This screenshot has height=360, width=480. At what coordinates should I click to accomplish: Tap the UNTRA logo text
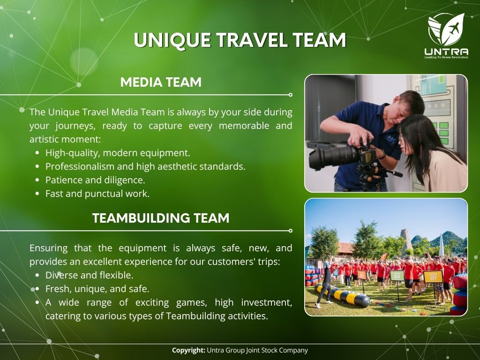click(x=446, y=52)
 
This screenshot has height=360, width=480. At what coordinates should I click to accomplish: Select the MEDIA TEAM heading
click(x=161, y=82)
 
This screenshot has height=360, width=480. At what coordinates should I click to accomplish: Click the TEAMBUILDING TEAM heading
click(x=161, y=218)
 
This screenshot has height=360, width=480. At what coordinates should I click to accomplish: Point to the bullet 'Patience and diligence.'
click(x=95, y=180)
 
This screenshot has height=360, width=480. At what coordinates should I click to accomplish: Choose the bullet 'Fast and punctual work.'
click(x=97, y=194)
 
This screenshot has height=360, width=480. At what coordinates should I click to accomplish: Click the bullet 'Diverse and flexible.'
click(x=90, y=275)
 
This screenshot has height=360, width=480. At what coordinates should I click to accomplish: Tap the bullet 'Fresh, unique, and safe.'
click(x=97, y=289)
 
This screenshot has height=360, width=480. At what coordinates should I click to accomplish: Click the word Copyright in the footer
click(x=188, y=350)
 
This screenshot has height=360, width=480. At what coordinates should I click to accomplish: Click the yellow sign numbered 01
click(x=433, y=277)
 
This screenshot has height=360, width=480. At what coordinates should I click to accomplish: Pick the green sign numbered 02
click(x=397, y=276)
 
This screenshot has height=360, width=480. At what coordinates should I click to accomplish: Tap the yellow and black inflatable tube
click(x=343, y=295)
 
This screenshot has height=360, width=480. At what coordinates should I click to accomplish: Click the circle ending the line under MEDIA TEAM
click(x=291, y=95)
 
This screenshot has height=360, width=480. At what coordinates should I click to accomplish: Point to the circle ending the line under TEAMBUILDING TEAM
click(x=291, y=231)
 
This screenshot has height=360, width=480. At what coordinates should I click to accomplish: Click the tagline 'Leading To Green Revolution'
click(x=446, y=57)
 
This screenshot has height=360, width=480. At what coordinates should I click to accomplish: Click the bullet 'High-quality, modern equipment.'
click(x=118, y=153)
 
